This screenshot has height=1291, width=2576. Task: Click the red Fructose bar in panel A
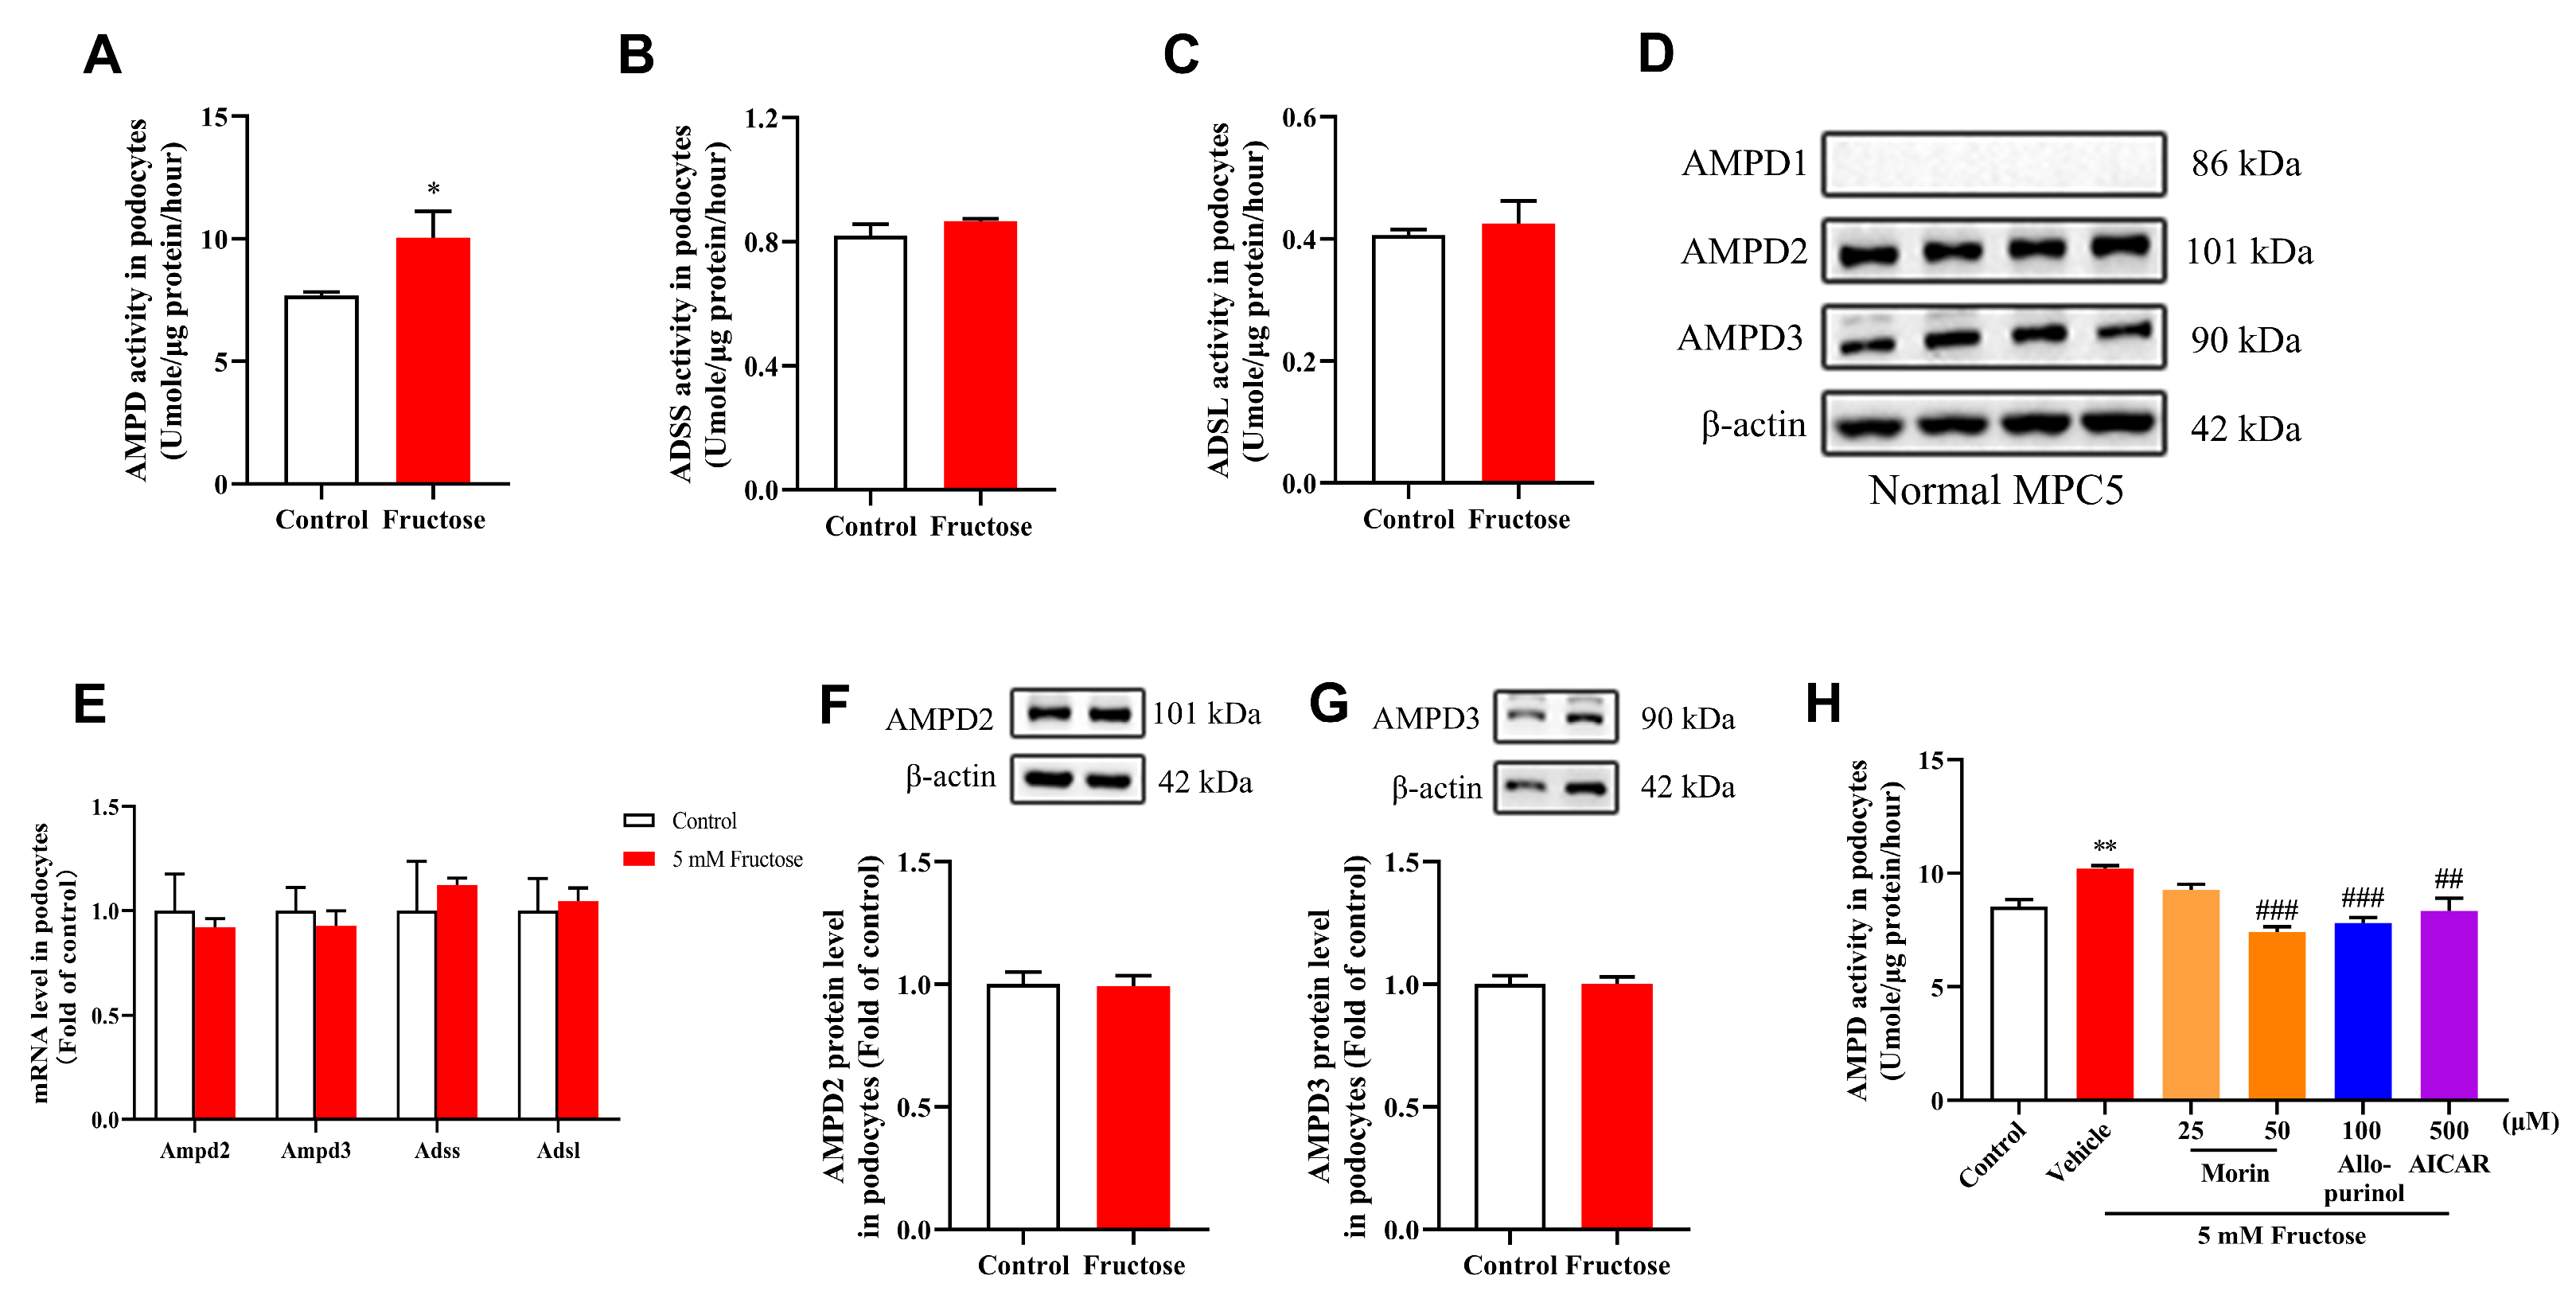coord(432,360)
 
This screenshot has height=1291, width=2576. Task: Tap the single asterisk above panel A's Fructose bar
coord(433,188)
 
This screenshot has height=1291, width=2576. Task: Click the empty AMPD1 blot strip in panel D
coord(1992,163)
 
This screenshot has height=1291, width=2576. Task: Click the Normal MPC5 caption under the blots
coord(1995,491)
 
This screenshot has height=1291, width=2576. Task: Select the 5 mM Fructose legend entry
coord(736,859)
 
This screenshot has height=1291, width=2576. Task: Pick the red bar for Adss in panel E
coord(457,1000)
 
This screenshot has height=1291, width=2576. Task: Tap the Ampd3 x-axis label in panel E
coord(316,1150)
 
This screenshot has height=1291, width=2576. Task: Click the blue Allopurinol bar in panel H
coord(2362,1010)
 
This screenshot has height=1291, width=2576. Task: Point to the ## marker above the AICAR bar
coord(2448,879)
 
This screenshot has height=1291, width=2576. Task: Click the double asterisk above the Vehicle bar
coord(2104,847)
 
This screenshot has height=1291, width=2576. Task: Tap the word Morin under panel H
coord(2234,1173)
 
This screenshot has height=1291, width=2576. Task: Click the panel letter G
coord(1328,703)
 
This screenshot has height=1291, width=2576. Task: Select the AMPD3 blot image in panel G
coord(1555,716)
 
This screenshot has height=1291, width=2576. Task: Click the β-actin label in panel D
coord(1753,426)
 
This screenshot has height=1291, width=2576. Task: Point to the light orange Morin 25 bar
coord(2190,994)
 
